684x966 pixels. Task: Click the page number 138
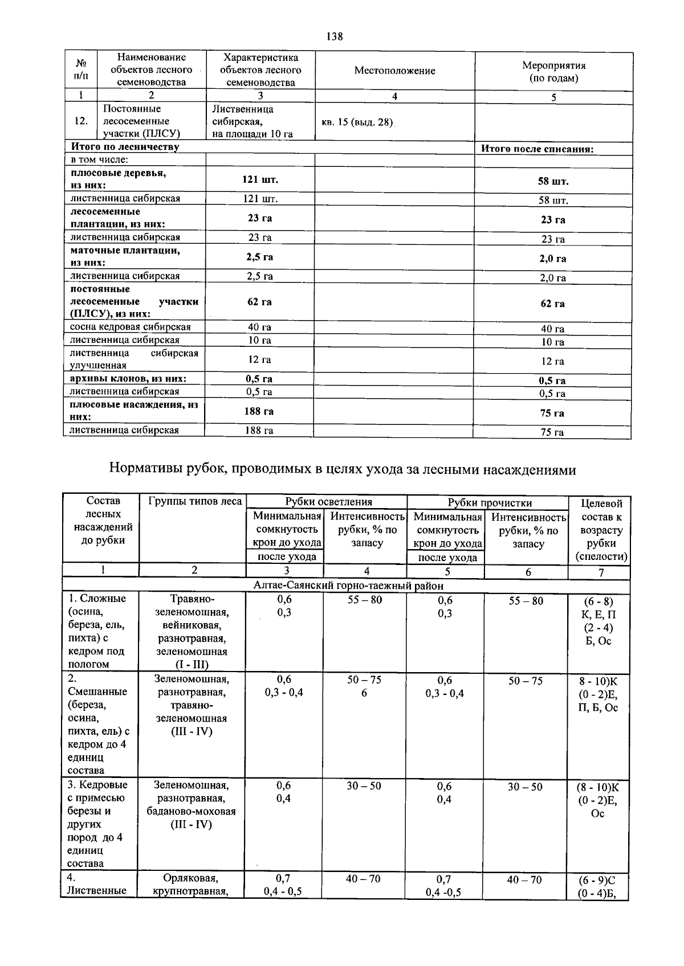pos(335,36)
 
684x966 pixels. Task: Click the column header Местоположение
pos(394,71)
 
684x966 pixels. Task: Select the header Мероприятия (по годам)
pos(553,72)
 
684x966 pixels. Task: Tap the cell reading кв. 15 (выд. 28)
pos(357,122)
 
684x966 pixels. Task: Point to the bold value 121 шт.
pos(260,179)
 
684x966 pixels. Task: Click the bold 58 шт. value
pos(553,181)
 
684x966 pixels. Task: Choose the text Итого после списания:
pos(538,149)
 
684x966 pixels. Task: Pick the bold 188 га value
pos(259,411)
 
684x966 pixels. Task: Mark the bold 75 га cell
pos(552,413)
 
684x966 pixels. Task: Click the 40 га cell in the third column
pos(259,327)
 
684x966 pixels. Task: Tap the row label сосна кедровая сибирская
pos(131,327)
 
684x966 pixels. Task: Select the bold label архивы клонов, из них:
pos(128,379)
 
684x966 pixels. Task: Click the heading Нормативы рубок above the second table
pos(342,469)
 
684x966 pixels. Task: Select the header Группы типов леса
pos(195,501)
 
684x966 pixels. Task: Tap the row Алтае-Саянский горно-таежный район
pos(348,586)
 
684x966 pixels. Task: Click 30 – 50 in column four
pos(364,785)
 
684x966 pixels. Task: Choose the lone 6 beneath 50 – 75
pos(364,693)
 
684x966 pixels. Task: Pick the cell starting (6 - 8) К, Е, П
pos(598,621)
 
